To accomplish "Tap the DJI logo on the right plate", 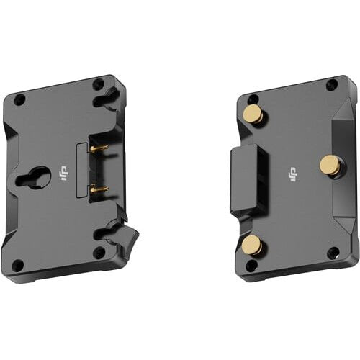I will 292,174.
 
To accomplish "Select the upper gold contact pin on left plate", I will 99,148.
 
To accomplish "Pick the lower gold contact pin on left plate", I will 99,189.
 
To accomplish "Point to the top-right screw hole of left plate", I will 98,84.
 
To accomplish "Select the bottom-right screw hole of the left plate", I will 99,253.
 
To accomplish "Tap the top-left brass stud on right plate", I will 253,114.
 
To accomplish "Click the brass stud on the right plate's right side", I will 330,165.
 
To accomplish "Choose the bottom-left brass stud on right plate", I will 251,246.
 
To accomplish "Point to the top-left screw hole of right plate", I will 252,99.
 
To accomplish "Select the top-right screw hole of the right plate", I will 331,85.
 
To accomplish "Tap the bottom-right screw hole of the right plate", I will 332,253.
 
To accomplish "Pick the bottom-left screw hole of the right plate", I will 252,266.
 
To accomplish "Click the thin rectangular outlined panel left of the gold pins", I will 81,170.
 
